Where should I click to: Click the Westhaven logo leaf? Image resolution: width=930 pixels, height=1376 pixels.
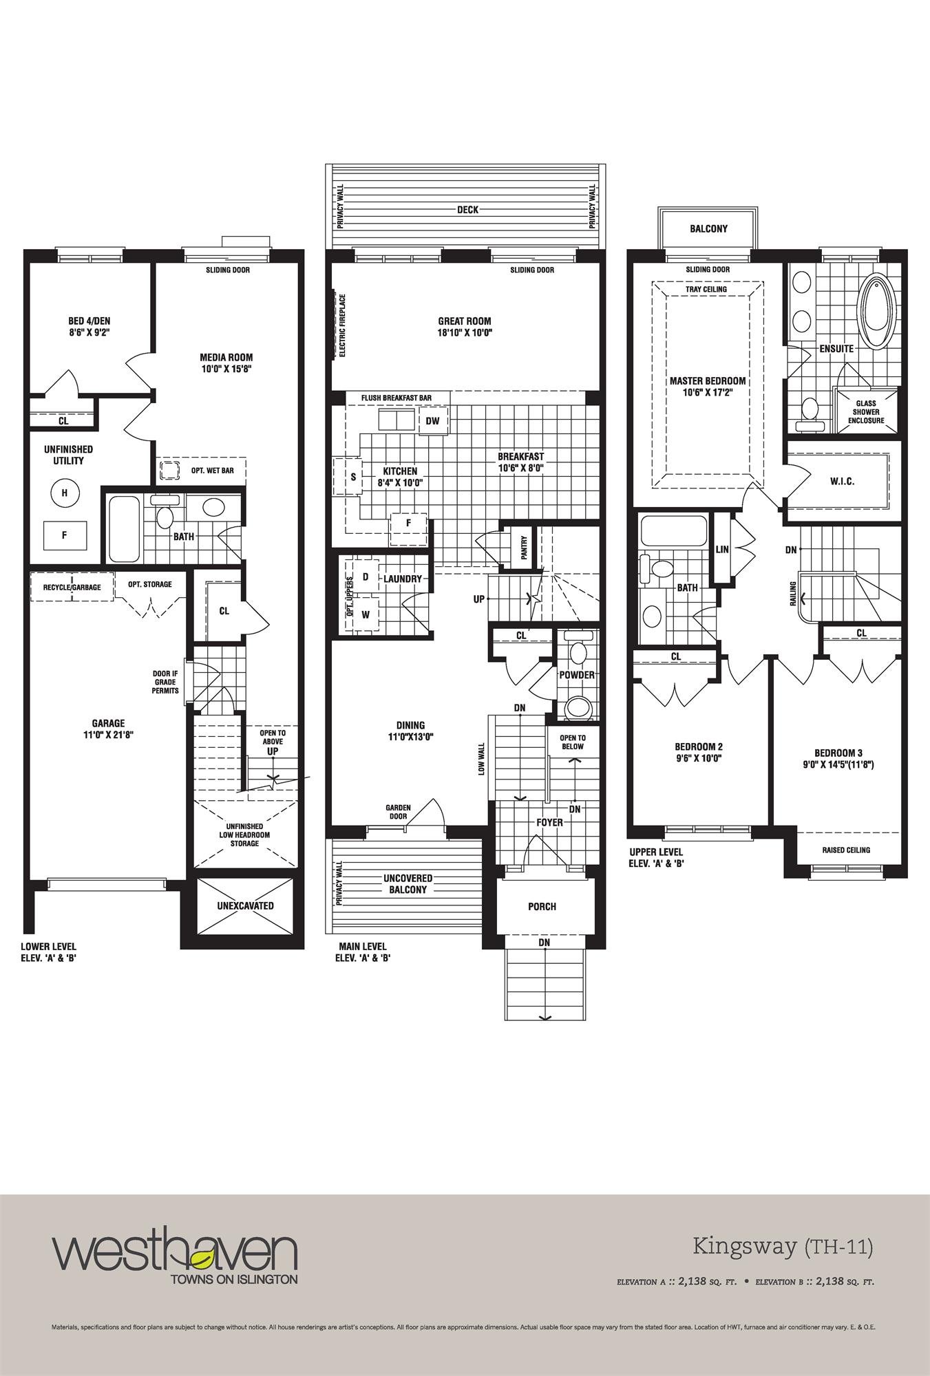coord(201,1260)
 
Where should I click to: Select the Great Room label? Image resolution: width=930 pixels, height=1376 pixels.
coord(465,321)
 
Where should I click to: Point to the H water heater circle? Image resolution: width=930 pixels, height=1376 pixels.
coord(65,492)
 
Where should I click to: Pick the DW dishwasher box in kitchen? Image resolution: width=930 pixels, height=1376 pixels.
coord(432,421)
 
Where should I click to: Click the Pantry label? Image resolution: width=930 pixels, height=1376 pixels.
coord(523,548)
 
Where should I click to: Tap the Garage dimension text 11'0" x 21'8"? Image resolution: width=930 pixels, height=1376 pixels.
coord(109,735)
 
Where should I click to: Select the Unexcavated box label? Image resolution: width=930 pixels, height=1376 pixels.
coord(246,905)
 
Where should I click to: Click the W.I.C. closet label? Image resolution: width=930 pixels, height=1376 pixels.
coord(842,482)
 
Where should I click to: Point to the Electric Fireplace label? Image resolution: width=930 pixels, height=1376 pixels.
coord(342,325)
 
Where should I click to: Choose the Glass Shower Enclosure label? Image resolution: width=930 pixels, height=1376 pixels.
coord(866,412)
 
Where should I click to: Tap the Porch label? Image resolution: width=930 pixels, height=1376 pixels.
coord(542,906)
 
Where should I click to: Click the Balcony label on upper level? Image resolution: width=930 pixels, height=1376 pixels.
coord(708,229)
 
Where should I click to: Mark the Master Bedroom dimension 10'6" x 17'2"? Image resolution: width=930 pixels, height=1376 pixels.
coord(707,392)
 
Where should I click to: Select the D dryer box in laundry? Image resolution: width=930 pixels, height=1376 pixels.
coord(366,577)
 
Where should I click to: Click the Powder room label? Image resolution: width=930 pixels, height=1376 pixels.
coord(577,675)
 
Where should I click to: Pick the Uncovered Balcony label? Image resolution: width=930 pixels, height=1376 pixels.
coord(408,884)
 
